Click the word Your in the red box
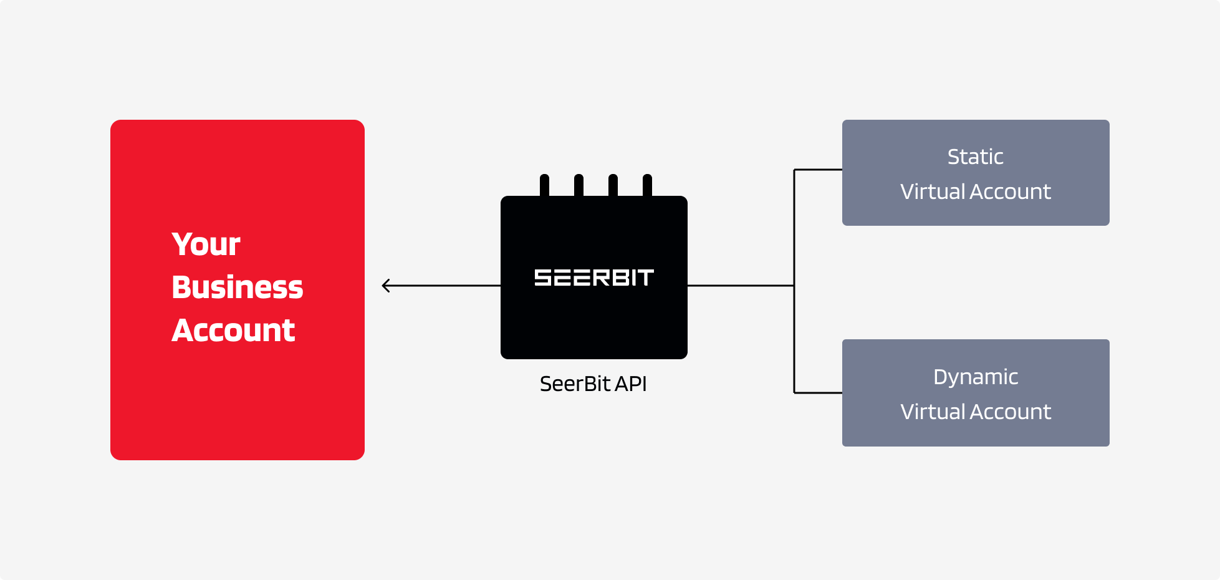coord(206,244)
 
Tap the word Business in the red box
coord(237,288)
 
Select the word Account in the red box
coord(233,331)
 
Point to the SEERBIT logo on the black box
coord(593,278)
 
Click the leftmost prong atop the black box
coord(544,185)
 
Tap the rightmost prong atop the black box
coord(647,185)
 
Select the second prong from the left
coord(579,185)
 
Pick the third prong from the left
coord(613,185)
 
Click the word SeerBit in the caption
coord(575,384)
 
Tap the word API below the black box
coord(630,384)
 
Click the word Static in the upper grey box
coord(975,157)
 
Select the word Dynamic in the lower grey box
coord(975,377)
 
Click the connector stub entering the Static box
coord(818,170)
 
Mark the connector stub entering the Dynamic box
coord(818,393)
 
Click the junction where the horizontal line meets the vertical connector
coord(794,286)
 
